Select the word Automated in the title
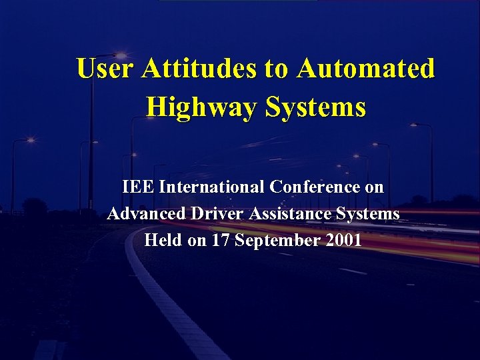point(366,68)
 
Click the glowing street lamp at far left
point(30,140)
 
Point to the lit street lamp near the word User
point(121,55)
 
